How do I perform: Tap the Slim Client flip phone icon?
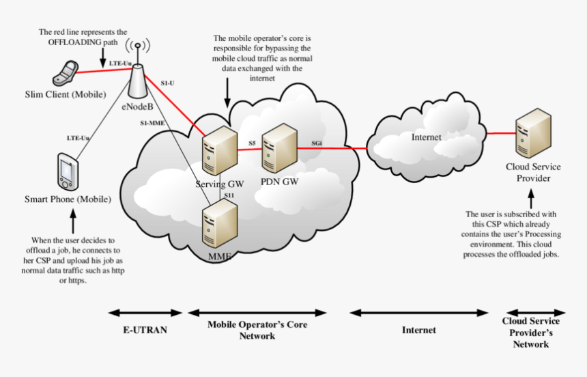point(65,72)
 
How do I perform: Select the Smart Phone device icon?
point(68,171)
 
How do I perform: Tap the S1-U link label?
point(168,83)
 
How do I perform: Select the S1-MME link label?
point(152,123)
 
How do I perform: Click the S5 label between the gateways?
point(252,143)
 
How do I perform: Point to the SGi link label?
point(317,143)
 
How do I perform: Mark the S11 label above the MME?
point(229,196)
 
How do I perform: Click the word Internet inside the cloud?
point(426,137)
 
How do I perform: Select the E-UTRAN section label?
point(145,330)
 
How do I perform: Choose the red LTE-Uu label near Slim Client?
point(120,64)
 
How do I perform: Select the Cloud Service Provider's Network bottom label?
point(530,333)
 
